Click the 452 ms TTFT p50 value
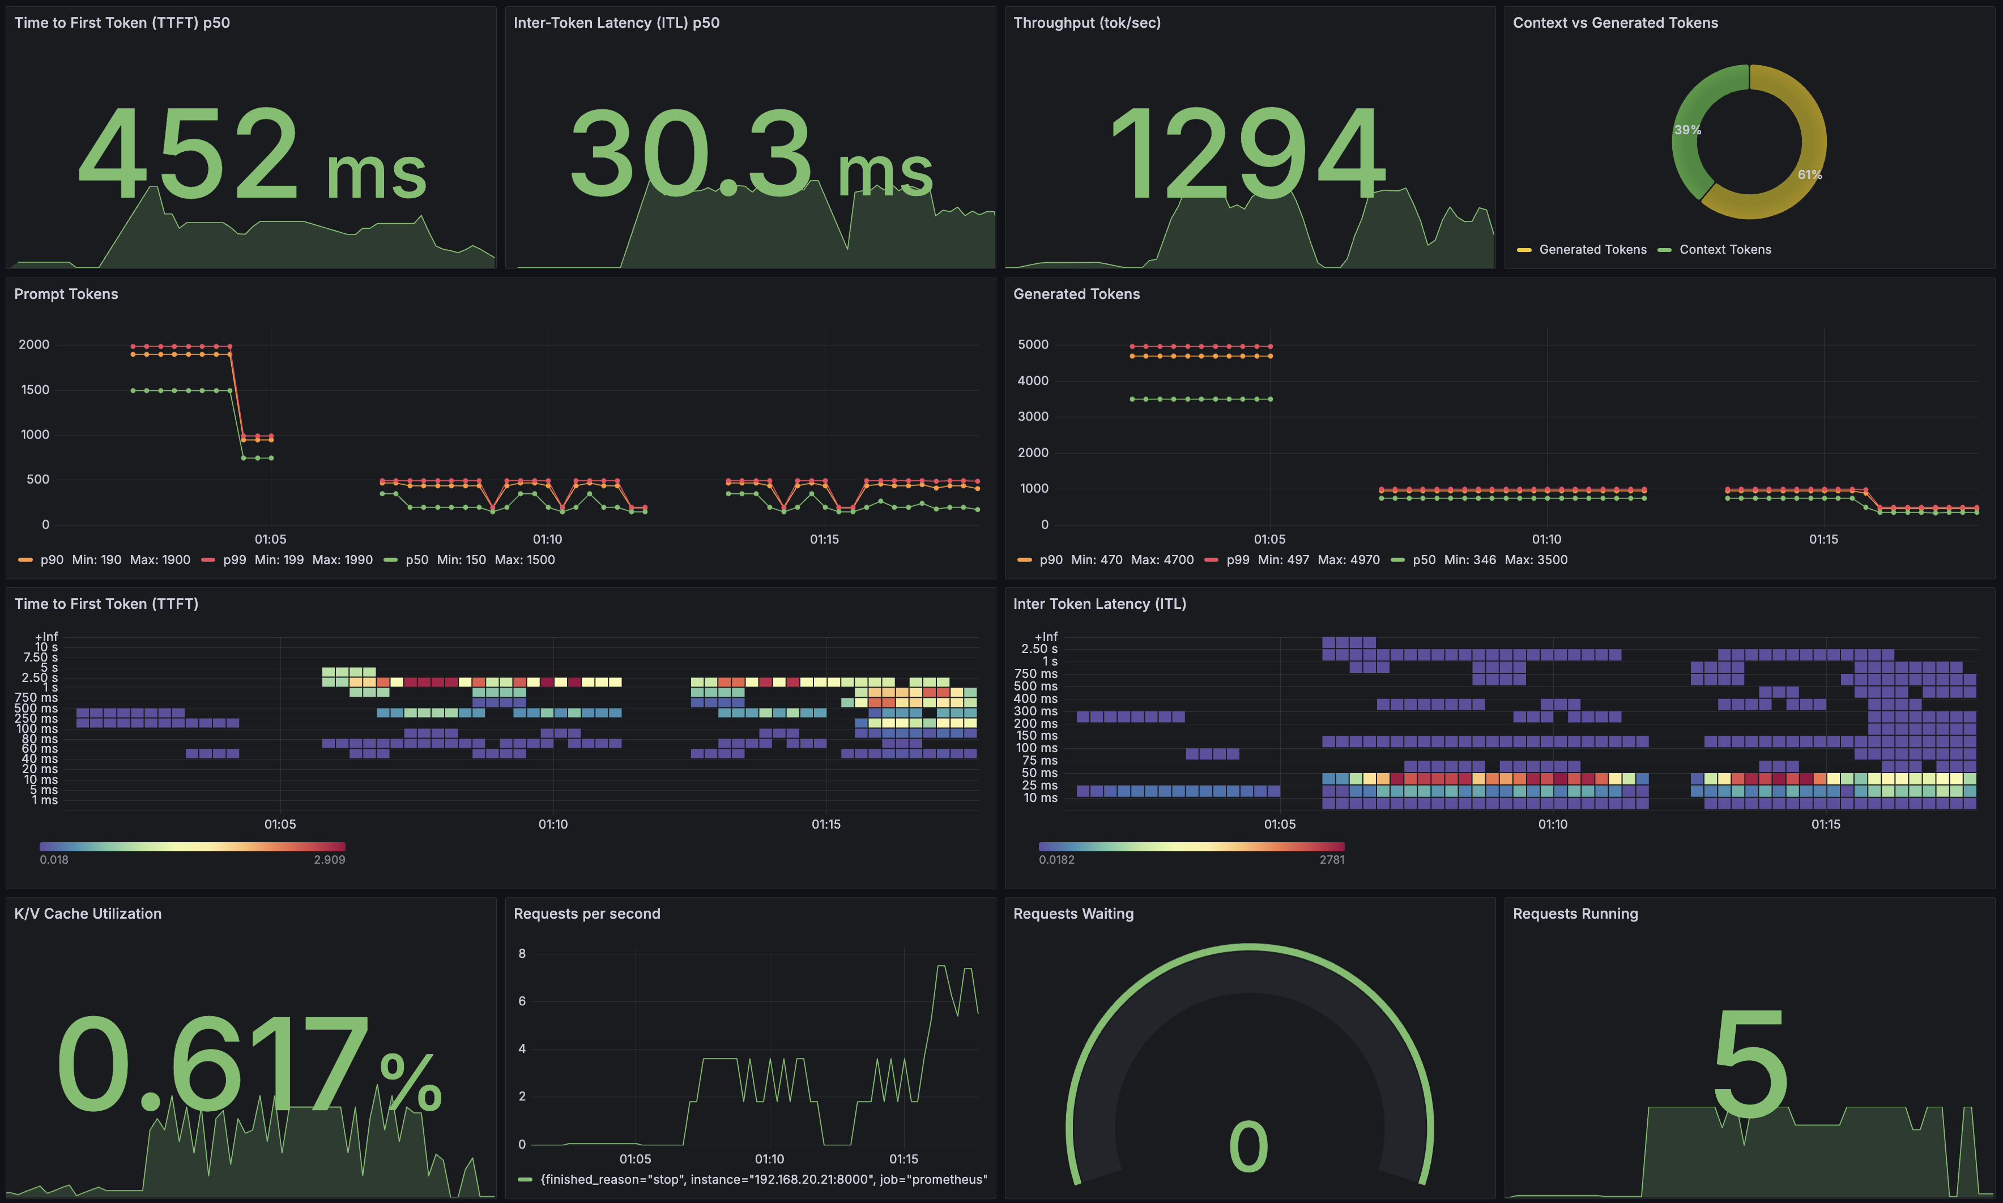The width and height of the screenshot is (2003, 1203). [x=252, y=154]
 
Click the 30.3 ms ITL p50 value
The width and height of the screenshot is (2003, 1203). [x=751, y=154]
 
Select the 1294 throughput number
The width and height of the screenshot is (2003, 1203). [x=1248, y=154]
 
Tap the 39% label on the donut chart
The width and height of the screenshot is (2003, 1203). [x=1687, y=130]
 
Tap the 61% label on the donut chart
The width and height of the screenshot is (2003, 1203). [x=1809, y=174]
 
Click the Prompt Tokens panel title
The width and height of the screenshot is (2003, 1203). [x=66, y=295]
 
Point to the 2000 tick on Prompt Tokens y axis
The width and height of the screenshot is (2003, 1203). [x=34, y=344]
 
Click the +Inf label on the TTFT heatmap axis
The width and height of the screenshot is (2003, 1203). [x=46, y=637]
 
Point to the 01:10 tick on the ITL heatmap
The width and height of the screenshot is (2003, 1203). [x=1552, y=825]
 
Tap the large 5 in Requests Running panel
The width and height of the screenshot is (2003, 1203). [x=1749, y=1064]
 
